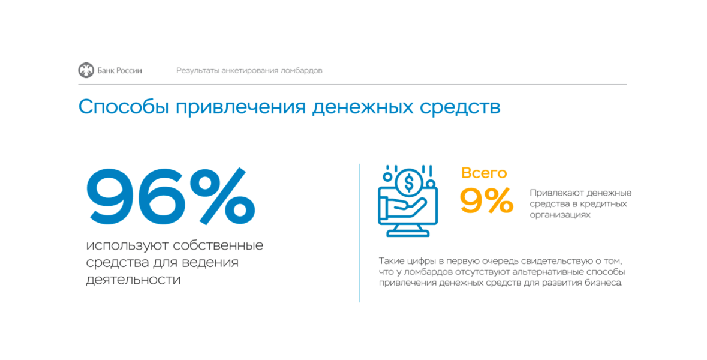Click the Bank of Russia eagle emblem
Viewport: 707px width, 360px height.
tap(86, 70)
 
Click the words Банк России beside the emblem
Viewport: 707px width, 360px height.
tap(119, 70)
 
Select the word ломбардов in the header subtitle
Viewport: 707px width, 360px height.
tap(301, 71)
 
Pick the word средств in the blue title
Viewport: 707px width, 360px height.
tap(460, 108)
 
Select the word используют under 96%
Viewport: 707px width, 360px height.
tap(128, 247)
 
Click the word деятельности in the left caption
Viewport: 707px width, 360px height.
tap(133, 280)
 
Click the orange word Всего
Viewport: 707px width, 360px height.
tap(484, 173)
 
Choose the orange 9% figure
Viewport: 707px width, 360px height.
tap(486, 201)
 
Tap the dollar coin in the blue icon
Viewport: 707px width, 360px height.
tap(409, 182)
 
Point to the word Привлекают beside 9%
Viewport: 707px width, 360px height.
tap(555, 193)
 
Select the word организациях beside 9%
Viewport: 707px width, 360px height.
tap(560, 215)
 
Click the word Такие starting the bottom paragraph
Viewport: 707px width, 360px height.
tap(390, 261)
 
